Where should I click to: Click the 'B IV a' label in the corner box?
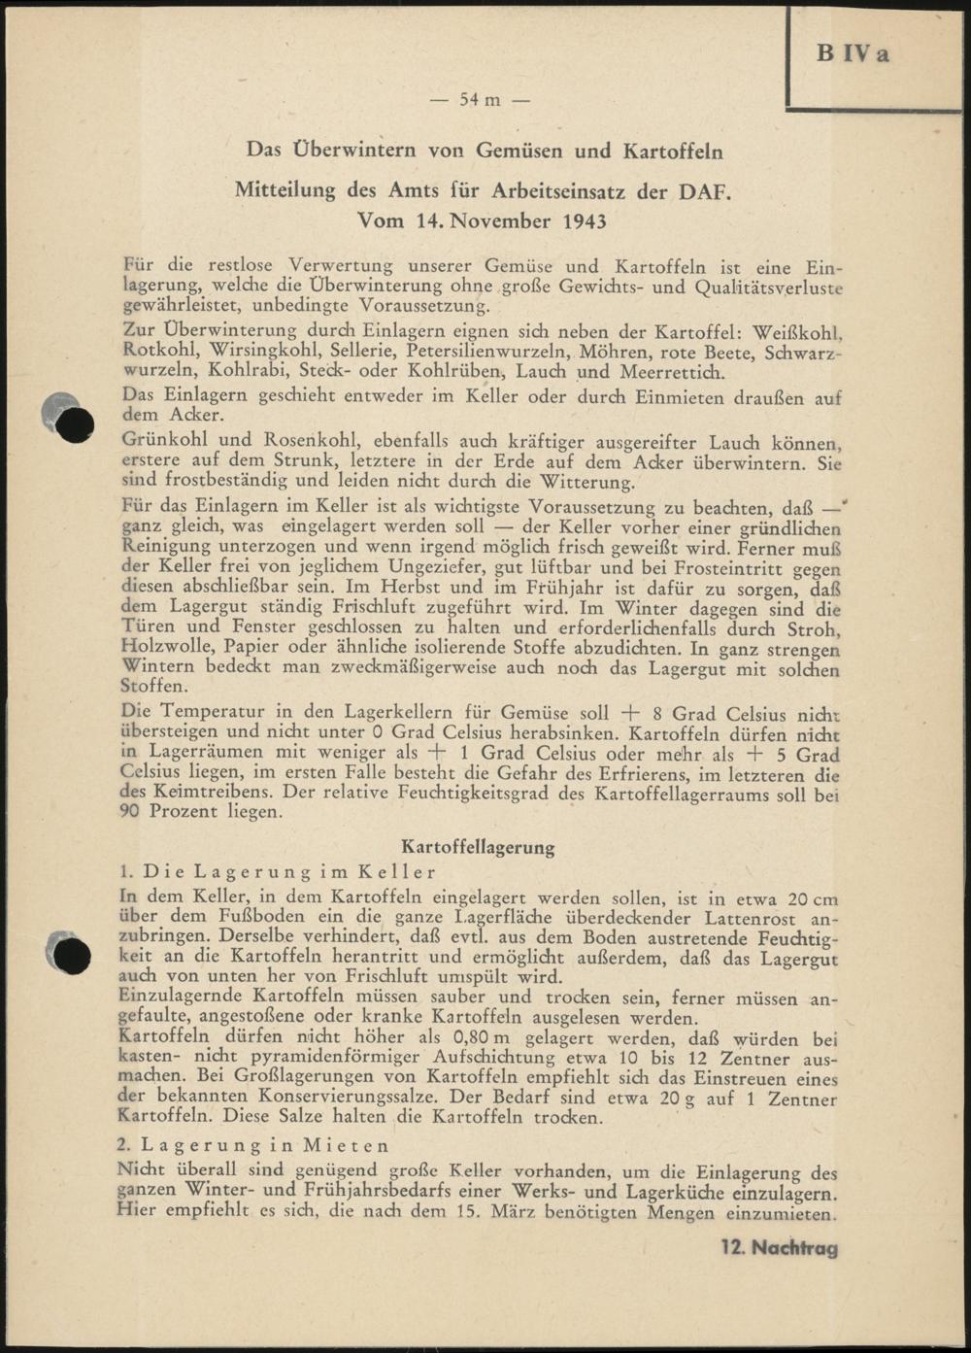coord(853,54)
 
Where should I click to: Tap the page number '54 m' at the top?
coord(480,100)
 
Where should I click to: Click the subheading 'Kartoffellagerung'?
coord(478,847)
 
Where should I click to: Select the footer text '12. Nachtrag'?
coord(779,1248)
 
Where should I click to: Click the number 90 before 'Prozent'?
coord(132,812)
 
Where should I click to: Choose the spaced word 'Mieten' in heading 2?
coord(347,1146)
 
